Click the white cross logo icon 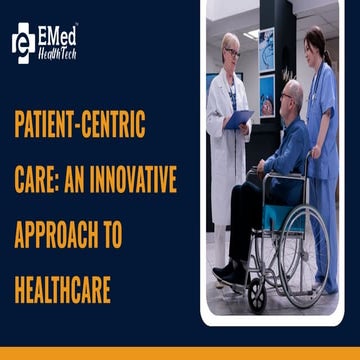click(x=23, y=40)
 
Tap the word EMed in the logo click(x=59, y=33)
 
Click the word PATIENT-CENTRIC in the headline click(x=80, y=127)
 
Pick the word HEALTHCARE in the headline click(x=62, y=291)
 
